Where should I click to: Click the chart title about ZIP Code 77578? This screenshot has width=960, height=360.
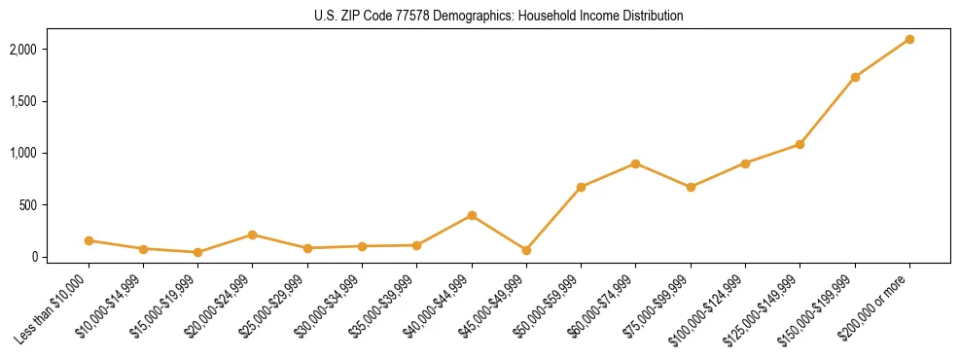[499, 17]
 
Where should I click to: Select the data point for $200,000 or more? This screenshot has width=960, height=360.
[909, 39]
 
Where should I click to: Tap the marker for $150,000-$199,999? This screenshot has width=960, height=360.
[855, 77]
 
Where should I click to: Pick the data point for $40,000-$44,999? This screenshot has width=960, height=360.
[472, 215]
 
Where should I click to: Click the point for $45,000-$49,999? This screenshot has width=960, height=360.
[526, 250]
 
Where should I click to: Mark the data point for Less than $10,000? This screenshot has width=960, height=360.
[89, 240]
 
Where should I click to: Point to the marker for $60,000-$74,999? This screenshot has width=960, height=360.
[635, 163]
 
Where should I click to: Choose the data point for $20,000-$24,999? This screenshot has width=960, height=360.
[253, 234]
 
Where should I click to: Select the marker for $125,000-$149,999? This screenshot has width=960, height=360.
[800, 144]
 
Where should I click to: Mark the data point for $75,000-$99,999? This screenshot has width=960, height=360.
[691, 187]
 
